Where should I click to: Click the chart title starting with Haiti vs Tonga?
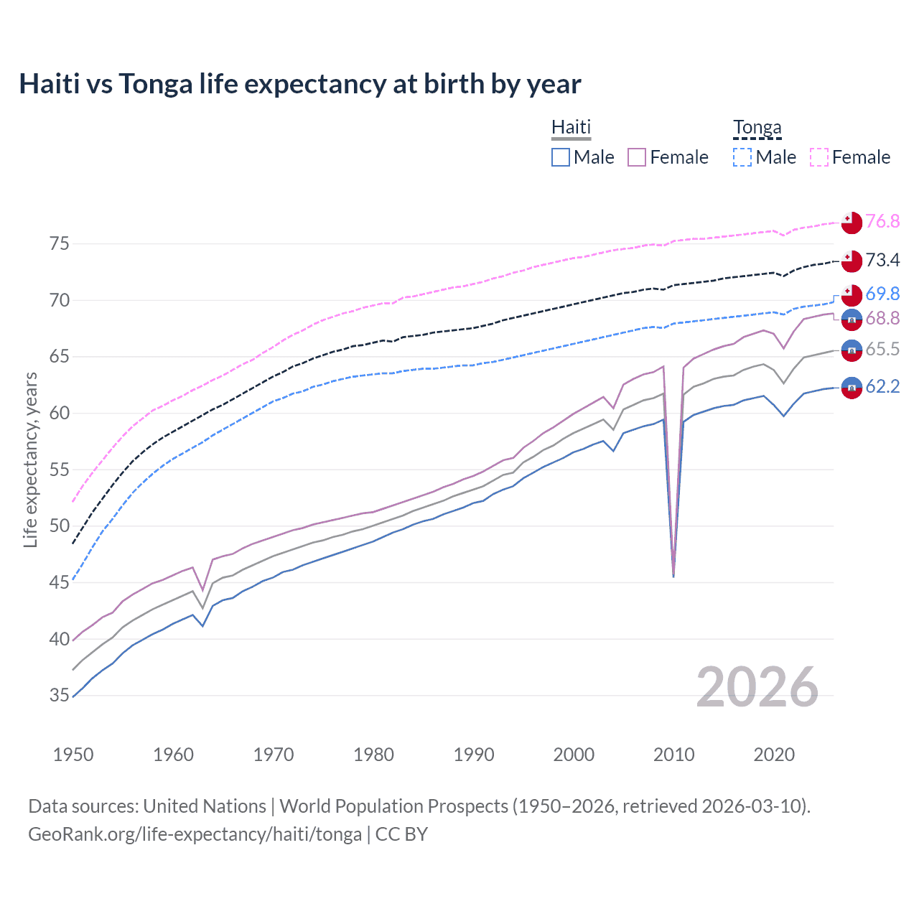tap(299, 84)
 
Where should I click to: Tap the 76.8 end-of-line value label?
tap(882, 221)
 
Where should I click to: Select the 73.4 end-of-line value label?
tap(882, 260)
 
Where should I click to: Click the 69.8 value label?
tap(882, 294)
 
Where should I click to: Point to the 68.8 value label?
tap(882, 318)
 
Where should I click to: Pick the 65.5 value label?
tap(882, 349)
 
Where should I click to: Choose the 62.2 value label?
tap(882, 386)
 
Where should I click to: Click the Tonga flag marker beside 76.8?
tap(852, 223)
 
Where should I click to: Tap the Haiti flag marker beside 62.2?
tap(852, 387)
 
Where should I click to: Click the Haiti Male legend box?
tap(561, 157)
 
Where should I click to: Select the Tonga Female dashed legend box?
tap(819, 157)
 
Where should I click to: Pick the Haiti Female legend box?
tap(637, 157)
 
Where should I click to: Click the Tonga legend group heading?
tap(757, 128)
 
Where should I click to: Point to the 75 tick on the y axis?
tap(60, 244)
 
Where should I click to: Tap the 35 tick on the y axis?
tap(60, 695)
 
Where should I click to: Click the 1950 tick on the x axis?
tap(73, 755)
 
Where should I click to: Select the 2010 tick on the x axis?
tap(673, 755)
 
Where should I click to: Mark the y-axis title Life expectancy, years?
tap(30, 459)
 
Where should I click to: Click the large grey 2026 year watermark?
tap(757, 687)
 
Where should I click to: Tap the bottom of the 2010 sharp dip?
tap(673, 576)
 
